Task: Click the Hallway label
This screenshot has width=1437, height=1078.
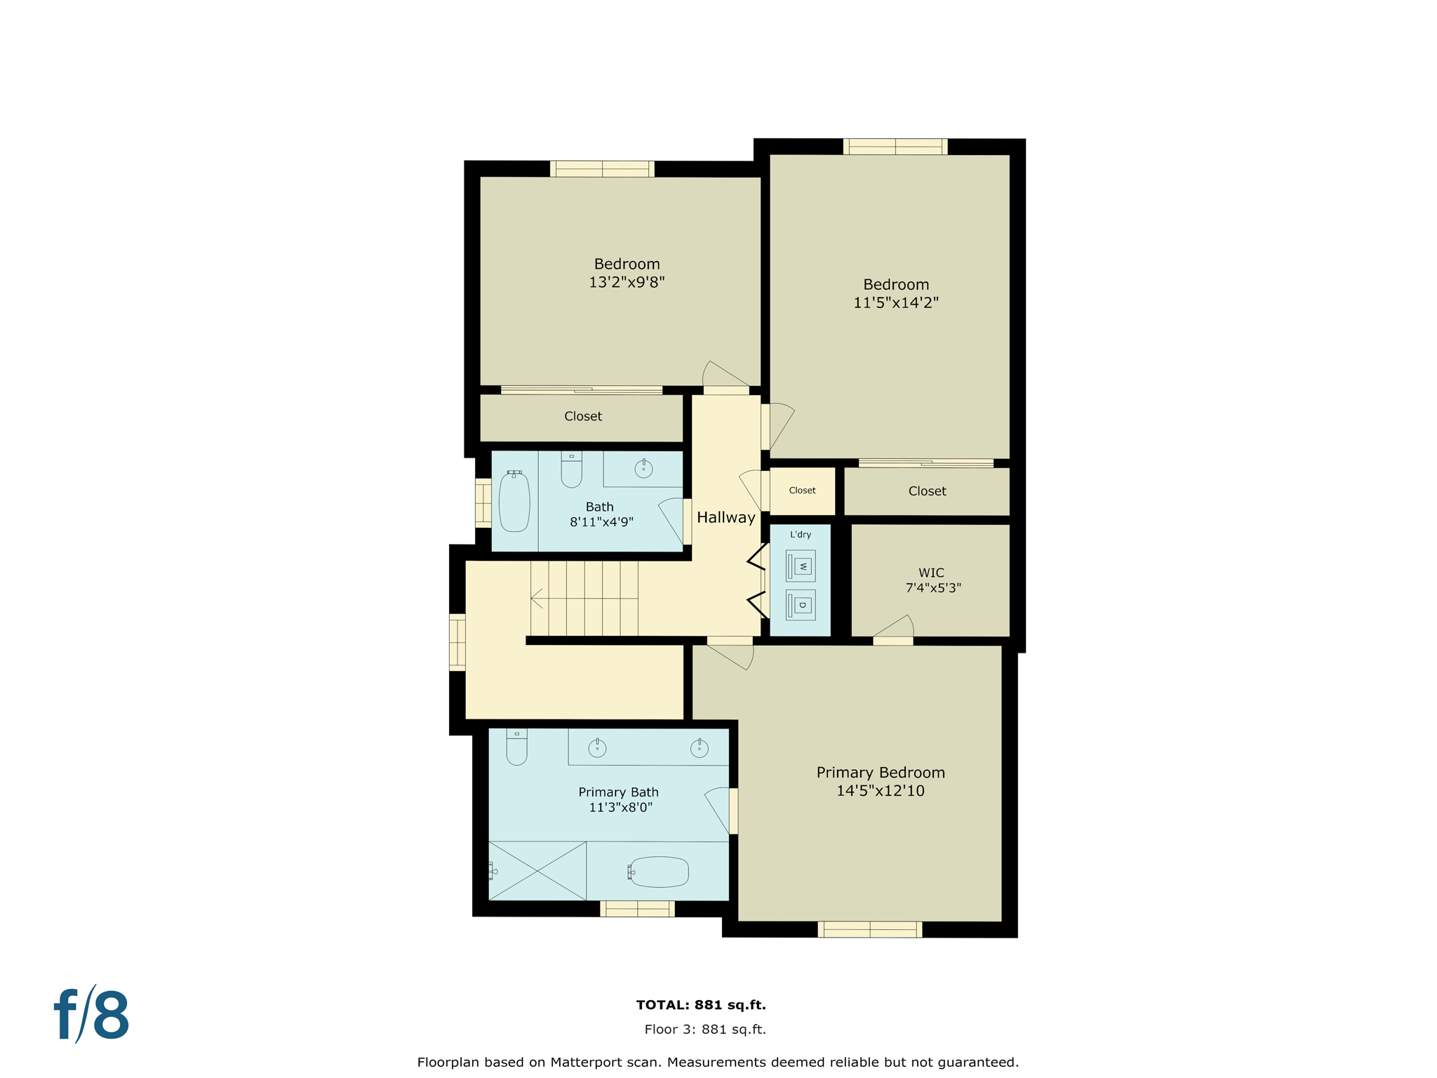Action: click(726, 517)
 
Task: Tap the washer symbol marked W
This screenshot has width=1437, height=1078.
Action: click(801, 566)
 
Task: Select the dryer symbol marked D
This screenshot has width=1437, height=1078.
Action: click(801, 605)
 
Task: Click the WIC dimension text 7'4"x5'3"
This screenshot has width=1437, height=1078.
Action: click(933, 588)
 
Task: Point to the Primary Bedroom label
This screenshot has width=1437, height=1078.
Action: click(880, 773)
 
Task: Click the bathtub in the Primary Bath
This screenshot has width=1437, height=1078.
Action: click(659, 872)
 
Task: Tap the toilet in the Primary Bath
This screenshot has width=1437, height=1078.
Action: click(516, 747)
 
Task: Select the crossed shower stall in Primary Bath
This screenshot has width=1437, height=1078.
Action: click(537, 871)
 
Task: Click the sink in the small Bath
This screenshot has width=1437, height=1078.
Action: click(643, 469)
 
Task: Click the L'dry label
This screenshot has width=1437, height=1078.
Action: click(800, 535)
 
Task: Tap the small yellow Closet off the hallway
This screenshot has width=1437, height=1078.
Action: click(802, 491)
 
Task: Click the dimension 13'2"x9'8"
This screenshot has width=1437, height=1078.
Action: click(627, 282)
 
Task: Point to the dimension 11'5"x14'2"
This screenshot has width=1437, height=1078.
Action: click(895, 302)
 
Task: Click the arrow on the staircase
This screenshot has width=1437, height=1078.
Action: click(537, 599)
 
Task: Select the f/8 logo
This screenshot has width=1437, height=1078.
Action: click(92, 1015)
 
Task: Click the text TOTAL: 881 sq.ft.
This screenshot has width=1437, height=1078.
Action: click(700, 1005)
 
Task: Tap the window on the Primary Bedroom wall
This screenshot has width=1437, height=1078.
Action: click(869, 929)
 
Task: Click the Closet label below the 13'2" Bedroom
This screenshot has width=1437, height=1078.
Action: click(582, 416)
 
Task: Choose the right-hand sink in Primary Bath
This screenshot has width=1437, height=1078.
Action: click(699, 748)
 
